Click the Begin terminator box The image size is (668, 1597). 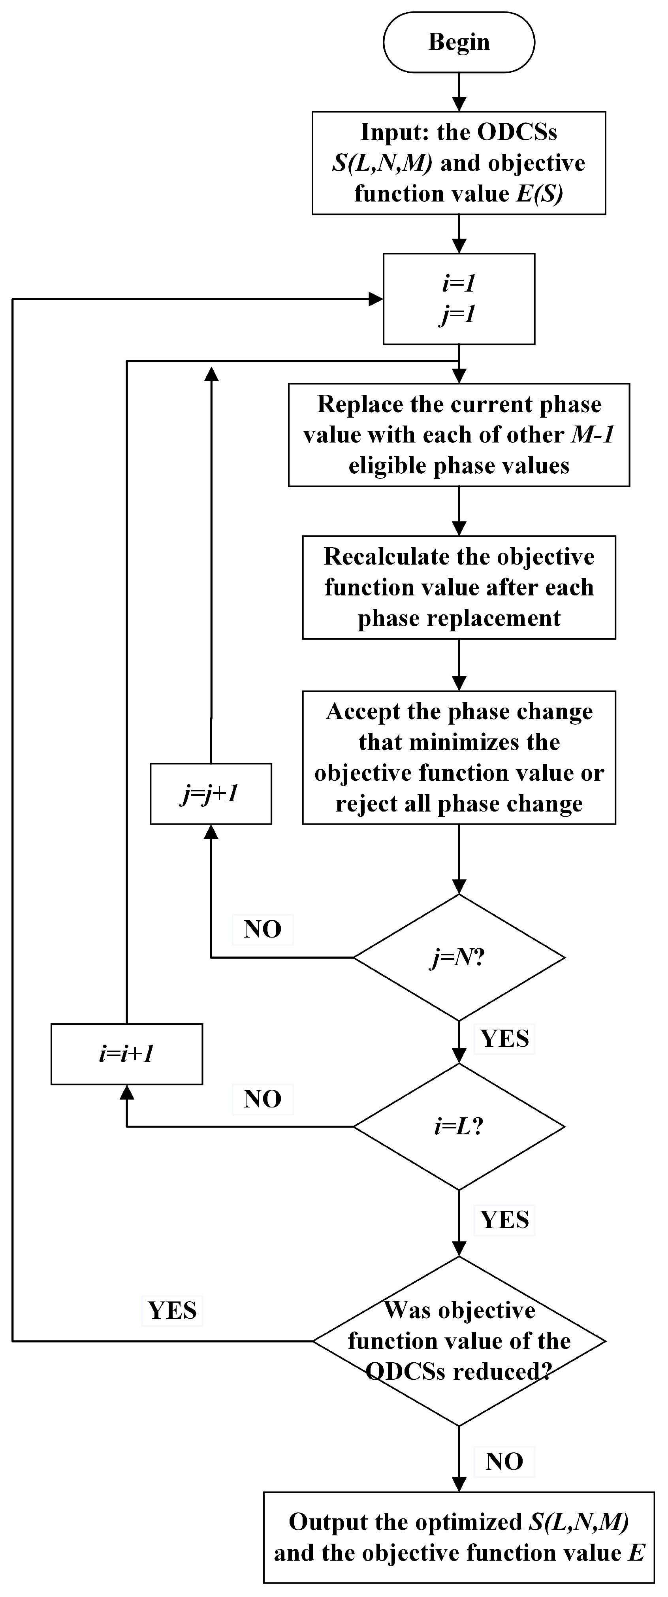[x=459, y=42]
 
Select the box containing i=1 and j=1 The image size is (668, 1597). [x=459, y=299]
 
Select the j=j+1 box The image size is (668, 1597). [x=211, y=793]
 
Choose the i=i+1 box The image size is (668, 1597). [x=126, y=1054]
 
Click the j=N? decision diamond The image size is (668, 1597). [x=459, y=958]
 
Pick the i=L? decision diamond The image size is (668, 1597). [x=459, y=1126]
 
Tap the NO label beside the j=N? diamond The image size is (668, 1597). [x=263, y=929]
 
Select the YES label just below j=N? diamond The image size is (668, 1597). [x=505, y=1038]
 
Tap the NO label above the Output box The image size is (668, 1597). [x=504, y=1461]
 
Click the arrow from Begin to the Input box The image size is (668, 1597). [x=459, y=92]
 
